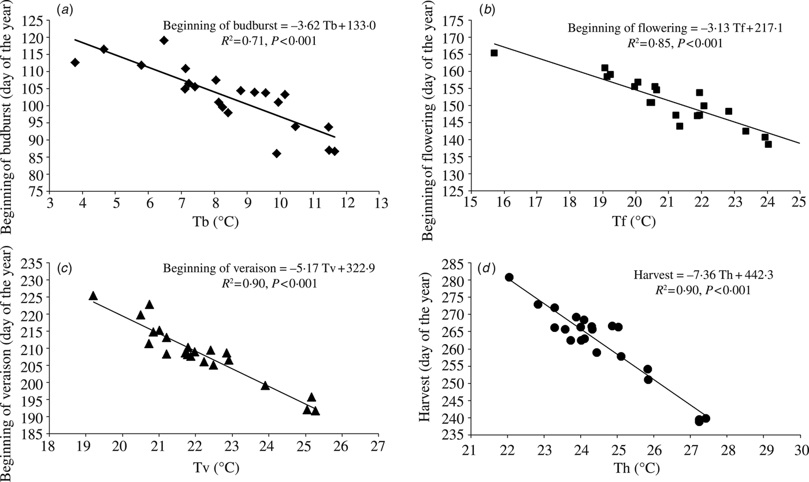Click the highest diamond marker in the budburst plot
pyautogui.click(x=164, y=40)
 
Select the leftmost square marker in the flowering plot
pyautogui.click(x=494, y=53)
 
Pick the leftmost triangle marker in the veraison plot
pyautogui.click(x=93, y=296)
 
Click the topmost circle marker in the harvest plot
pyautogui.click(x=509, y=277)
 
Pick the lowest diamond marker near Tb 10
pyautogui.click(x=277, y=154)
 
